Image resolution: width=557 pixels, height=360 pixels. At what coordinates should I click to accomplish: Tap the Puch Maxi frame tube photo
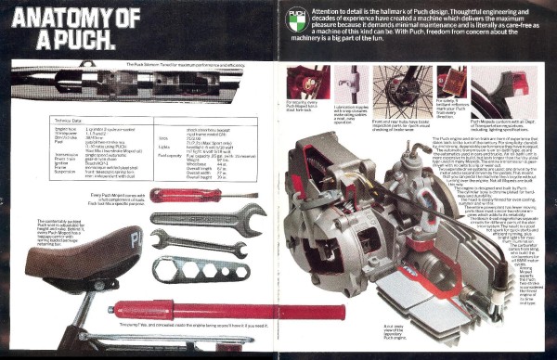tap(139, 84)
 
